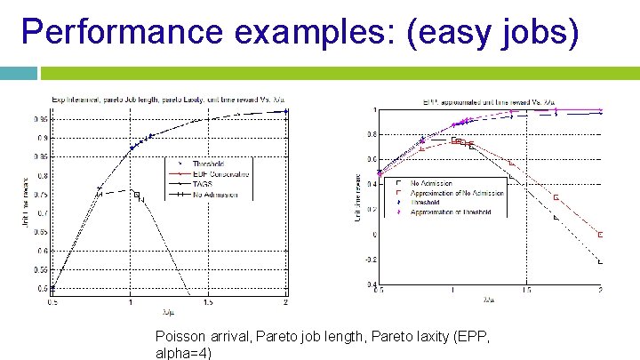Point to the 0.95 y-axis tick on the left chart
pos(41,117)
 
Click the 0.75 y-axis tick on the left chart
pos(41,194)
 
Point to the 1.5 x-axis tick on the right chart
pos(527,291)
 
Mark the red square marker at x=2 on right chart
pos(601,235)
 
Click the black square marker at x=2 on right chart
pos(601,261)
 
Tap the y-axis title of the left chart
pos(25,200)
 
